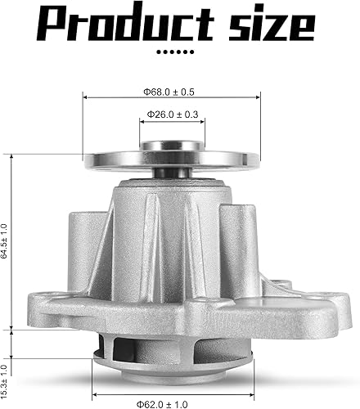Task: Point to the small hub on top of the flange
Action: click(172, 147)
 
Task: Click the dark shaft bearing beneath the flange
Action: click(172, 173)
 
